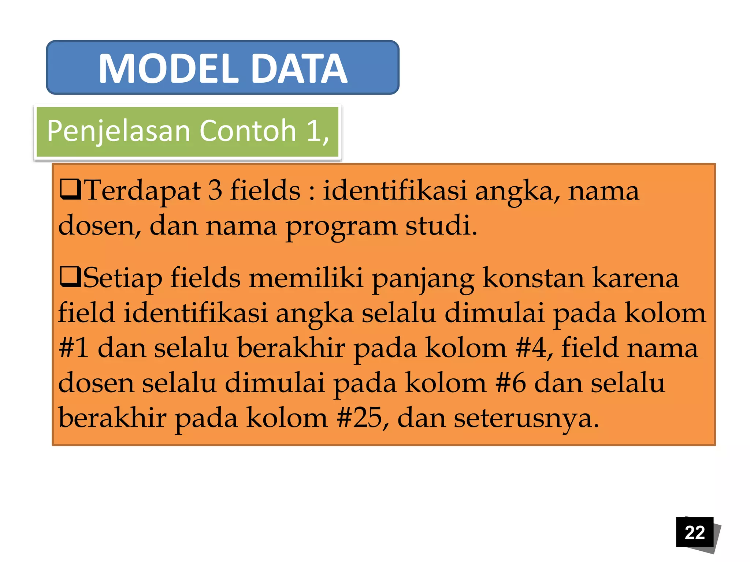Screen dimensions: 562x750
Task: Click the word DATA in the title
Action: [300, 69]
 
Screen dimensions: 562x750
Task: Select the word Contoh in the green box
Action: [248, 131]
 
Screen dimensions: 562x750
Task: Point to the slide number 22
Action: [694, 532]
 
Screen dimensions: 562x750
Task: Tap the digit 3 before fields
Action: [215, 190]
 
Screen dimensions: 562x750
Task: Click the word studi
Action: [441, 225]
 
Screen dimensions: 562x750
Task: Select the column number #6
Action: [510, 383]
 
